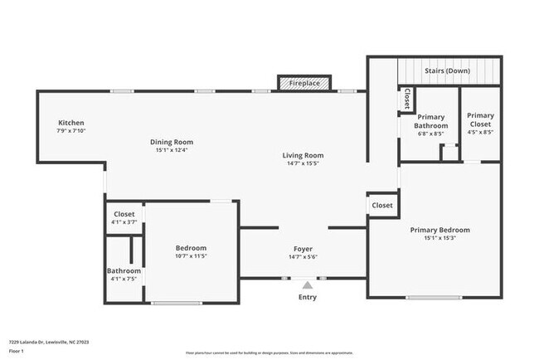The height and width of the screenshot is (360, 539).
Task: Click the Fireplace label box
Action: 305,83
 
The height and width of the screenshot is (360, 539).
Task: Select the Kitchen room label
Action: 70,122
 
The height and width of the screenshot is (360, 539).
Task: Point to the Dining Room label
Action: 172,142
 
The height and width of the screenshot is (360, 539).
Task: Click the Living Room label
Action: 303,155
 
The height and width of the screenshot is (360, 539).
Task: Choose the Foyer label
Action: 303,249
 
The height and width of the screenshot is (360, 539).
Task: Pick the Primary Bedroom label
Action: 439,230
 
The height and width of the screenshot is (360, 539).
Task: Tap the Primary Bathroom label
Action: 432,121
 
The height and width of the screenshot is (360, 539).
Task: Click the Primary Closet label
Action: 481,120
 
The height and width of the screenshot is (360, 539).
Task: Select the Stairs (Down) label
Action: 447,71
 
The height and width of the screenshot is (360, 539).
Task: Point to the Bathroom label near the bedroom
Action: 124,271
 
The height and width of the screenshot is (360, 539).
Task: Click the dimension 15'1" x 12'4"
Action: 172,150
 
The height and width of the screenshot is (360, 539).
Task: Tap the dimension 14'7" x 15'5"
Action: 303,163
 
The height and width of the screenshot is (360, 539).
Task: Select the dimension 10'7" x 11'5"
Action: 191,256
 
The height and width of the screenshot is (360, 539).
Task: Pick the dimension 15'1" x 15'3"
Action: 439,238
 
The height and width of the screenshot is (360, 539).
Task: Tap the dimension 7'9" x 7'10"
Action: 71,130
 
